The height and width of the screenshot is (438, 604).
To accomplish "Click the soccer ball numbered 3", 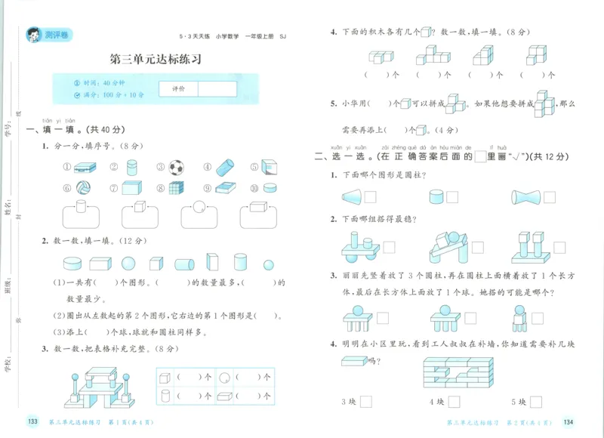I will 175,167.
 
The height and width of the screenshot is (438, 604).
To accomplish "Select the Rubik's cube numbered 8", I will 176,187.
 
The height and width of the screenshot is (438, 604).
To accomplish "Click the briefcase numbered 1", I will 85,167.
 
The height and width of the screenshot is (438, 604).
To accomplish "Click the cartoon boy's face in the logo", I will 33,35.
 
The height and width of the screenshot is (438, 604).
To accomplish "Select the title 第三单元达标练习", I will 155,59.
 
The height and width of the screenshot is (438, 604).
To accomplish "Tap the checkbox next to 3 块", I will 366,402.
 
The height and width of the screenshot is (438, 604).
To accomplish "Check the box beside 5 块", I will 537,402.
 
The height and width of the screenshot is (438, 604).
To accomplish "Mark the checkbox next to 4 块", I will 451,402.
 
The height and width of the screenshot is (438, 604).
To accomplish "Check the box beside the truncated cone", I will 371,197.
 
